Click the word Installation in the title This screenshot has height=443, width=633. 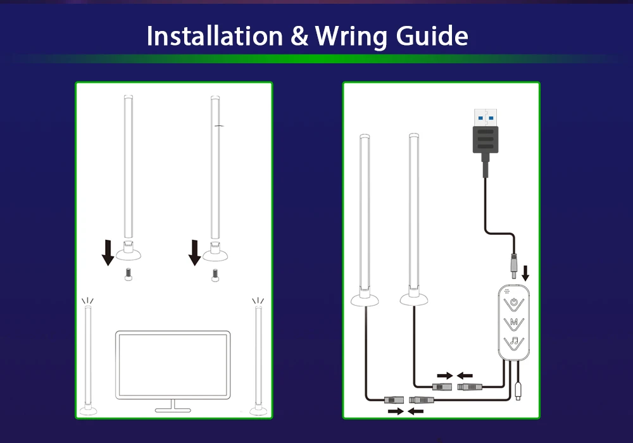coord(215,37)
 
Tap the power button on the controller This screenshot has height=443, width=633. coord(515,302)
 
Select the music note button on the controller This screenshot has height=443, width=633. coord(515,343)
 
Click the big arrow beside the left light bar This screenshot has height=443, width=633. coord(108,251)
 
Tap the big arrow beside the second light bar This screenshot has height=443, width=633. coord(195,251)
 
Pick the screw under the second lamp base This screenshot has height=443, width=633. coord(214,275)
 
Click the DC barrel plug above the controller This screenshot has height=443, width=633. coord(514,261)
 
